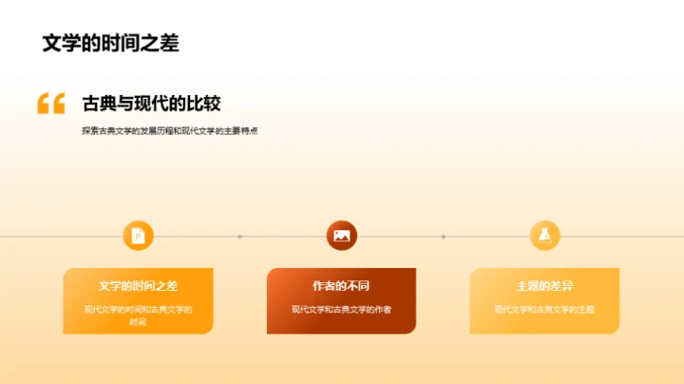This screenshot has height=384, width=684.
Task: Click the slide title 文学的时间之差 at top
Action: tap(110, 43)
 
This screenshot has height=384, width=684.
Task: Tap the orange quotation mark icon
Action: tap(50, 104)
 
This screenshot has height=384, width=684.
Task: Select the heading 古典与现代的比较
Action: tap(152, 104)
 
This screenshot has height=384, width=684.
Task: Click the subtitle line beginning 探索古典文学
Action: tap(170, 131)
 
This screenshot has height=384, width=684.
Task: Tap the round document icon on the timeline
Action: tap(138, 236)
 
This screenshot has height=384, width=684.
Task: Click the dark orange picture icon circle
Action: tap(341, 236)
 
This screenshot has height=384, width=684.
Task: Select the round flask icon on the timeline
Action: tap(544, 236)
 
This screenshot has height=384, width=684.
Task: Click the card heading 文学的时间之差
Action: tap(138, 285)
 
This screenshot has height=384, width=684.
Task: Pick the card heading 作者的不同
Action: tap(341, 285)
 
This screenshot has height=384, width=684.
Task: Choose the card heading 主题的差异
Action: tap(544, 285)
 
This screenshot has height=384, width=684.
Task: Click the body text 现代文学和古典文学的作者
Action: tap(341, 309)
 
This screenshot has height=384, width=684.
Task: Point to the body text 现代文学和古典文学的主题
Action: tap(544, 309)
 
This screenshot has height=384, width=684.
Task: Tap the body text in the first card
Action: tap(138, 316)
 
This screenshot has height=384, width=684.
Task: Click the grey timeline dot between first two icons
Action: tap(239, 237)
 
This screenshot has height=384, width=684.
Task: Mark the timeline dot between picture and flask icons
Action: tap(443, 237)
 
